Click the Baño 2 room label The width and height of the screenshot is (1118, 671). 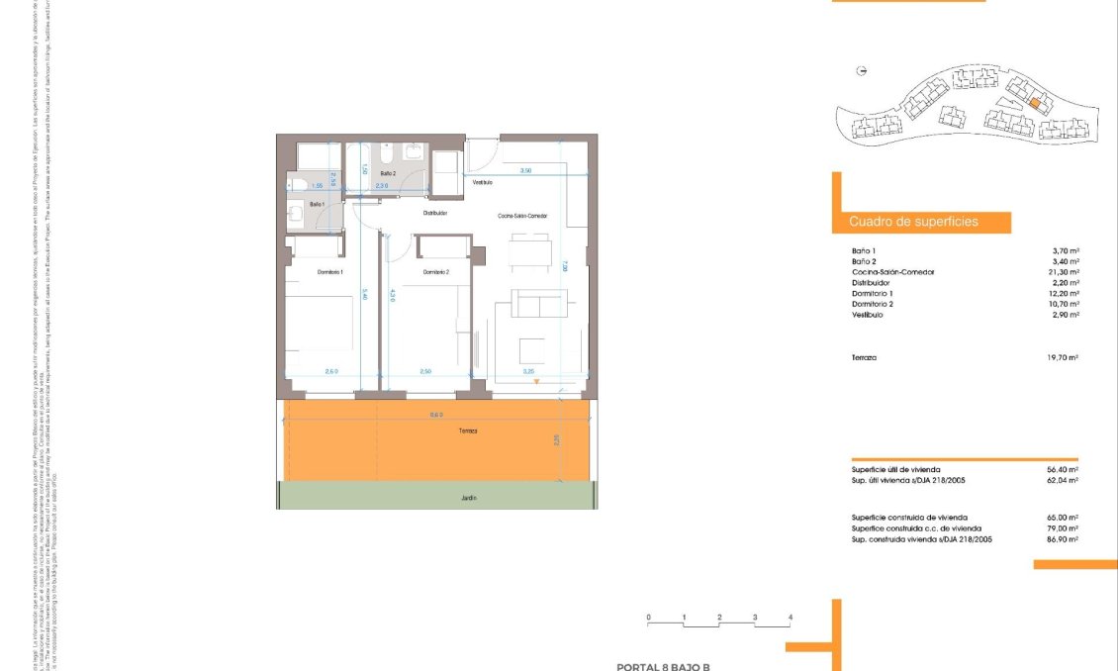[388, 173]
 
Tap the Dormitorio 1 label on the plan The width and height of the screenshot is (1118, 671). [330, 272]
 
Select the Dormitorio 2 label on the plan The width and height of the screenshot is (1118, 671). [436, 272]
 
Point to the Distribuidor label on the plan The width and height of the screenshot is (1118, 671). [436, 213]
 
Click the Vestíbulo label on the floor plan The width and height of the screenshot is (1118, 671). [483, 182]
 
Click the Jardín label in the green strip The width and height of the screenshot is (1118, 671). [467, 498]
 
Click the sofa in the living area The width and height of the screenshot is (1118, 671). [538, 303]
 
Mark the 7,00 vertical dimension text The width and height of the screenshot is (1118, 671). [563, 264]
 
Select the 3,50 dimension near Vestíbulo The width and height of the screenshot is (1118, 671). [526, 171]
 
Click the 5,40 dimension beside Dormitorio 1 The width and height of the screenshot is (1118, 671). [364, 294]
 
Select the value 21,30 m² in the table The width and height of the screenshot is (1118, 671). [1062, 272]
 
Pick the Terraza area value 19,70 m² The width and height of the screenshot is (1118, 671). [1062, 357]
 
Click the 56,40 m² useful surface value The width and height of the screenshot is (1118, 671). [1062, 469]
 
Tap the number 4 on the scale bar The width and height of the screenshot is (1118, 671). [790, 617]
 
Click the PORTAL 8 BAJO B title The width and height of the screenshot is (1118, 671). [664, 667]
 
